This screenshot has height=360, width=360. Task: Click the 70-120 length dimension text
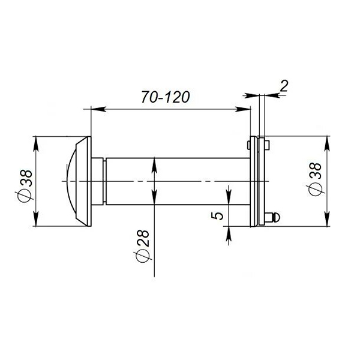166,97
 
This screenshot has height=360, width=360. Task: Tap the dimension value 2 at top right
284,86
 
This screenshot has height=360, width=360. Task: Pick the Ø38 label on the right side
316,179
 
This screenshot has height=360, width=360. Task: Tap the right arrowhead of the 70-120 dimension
243,109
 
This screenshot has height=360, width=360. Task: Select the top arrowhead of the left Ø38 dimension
35,144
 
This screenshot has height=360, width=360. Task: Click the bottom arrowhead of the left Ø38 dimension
35,219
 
